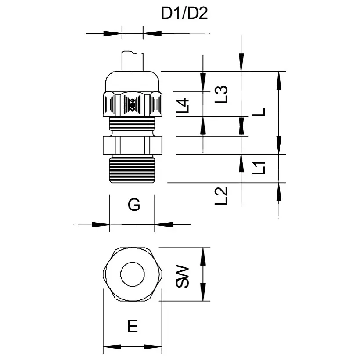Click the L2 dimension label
[x=222, y=196]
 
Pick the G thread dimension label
[x=133, y=205]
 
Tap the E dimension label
[x=132, y=326]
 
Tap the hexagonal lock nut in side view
[x=132, y=144]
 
